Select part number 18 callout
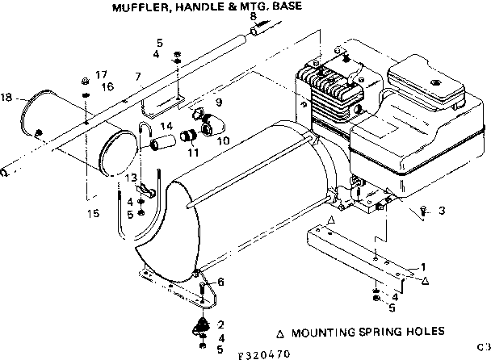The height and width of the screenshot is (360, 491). (7, 98)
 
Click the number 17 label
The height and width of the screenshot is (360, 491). (102, 74)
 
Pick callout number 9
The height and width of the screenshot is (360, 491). (217, 102)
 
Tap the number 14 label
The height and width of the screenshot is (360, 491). (166, 127)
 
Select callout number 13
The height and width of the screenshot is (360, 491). (130, 178)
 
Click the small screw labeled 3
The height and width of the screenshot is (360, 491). (423, 211)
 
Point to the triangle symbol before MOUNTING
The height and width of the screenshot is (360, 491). (279, 332)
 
